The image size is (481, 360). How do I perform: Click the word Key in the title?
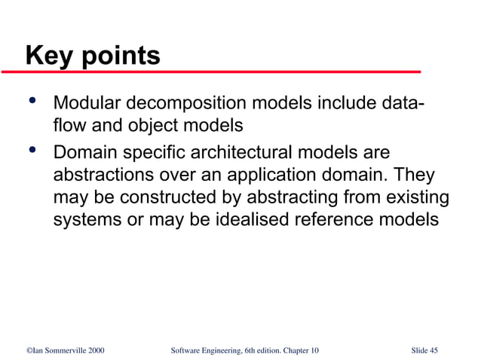[47, 56]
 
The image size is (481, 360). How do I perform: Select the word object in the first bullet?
[149, 126]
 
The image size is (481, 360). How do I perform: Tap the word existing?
[418, 199]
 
